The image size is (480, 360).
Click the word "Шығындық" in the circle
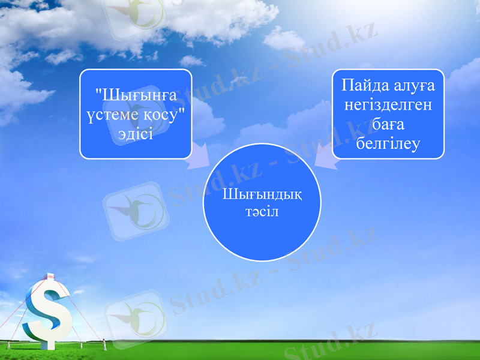262,196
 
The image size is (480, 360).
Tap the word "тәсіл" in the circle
262,212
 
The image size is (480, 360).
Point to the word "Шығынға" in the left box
134,95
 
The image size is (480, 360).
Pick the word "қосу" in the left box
161,114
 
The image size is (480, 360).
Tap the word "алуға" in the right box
412,85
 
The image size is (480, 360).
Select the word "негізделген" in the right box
388,105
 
